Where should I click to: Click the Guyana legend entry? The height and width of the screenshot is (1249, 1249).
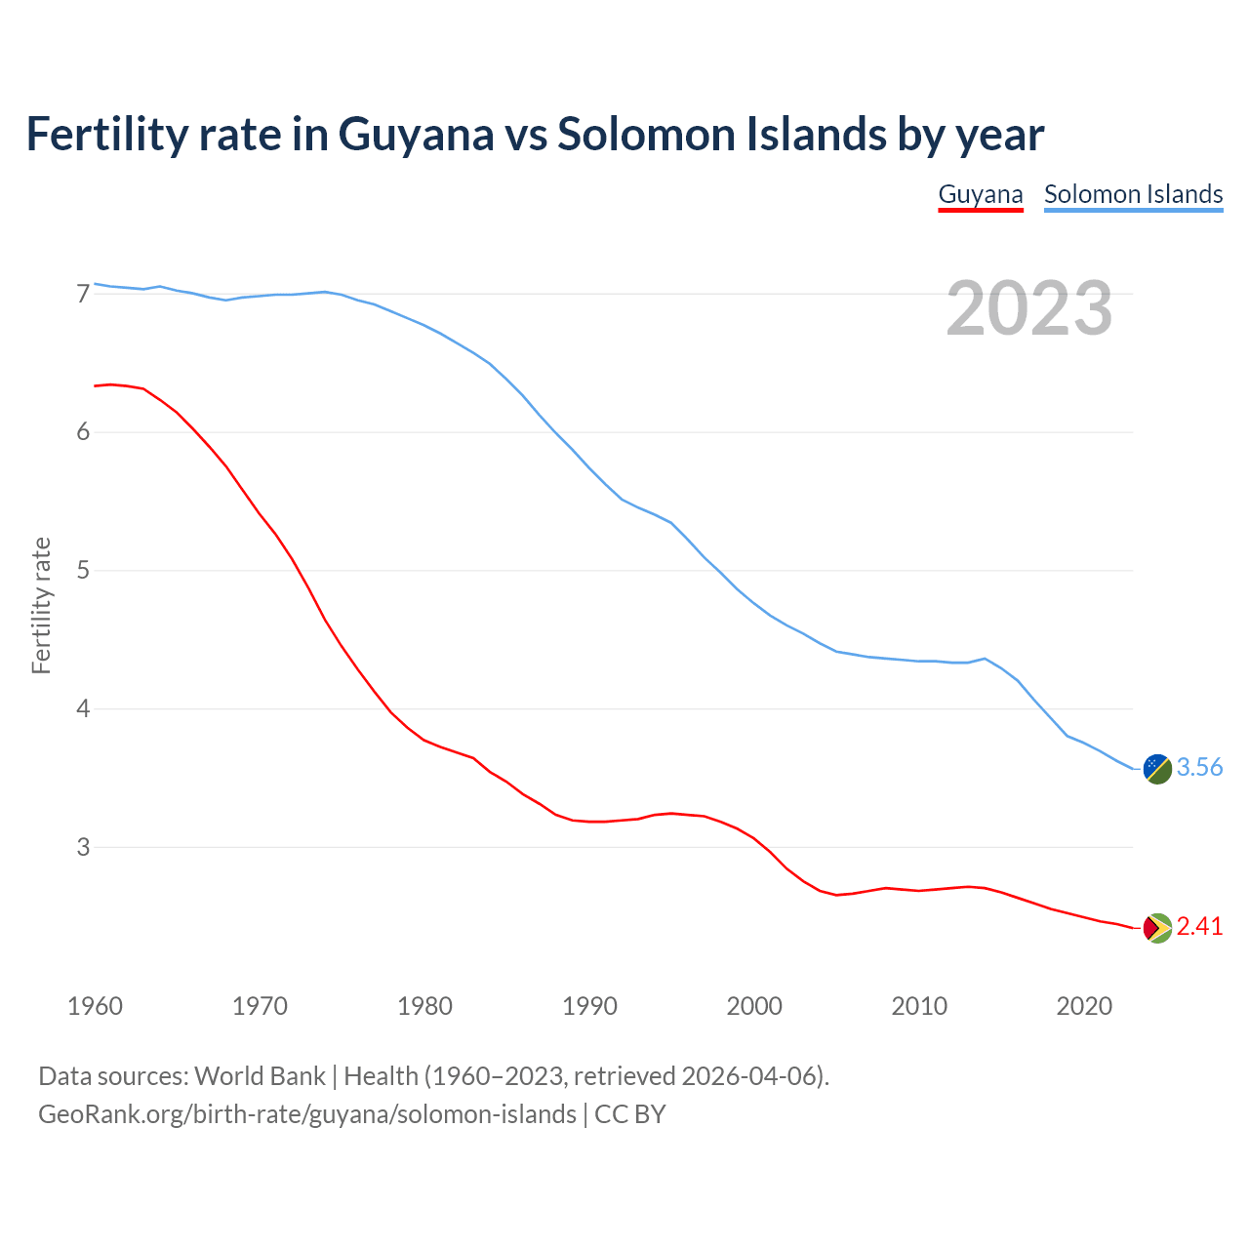pos(980,194)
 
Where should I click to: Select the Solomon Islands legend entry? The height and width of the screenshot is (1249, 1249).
pos(1133,194)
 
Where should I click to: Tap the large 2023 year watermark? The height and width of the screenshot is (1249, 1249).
pos(1029,308)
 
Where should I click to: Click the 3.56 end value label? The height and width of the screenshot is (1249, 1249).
pos(1199,768)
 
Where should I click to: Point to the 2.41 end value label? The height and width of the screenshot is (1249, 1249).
pos(1199,927)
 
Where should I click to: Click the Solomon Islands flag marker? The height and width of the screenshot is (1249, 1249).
pos(1157,769)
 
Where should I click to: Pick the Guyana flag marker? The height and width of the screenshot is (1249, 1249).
pos(1157,928)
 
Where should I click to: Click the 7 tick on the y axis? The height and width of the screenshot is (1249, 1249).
pos(83,294)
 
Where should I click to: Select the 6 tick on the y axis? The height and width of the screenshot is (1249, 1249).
pos(83,432)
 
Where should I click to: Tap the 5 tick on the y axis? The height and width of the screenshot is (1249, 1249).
pos(83,571)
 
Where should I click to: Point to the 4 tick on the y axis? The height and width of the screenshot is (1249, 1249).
pos(83,709)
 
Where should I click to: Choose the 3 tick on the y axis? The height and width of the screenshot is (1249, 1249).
pos(83,847)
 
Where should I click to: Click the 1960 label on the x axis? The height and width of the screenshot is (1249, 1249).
pos(95,1006)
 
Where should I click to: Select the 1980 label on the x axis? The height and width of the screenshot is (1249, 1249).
pos(424,1006)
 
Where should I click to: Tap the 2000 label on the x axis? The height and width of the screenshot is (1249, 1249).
pos(754,1006)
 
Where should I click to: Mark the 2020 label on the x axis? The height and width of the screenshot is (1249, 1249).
pos(1084,1006)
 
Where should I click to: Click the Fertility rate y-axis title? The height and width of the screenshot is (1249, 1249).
pos(41,605)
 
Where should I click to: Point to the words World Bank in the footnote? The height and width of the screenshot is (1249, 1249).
pos(260,1076)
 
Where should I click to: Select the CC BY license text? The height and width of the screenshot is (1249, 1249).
pos(630,1114)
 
